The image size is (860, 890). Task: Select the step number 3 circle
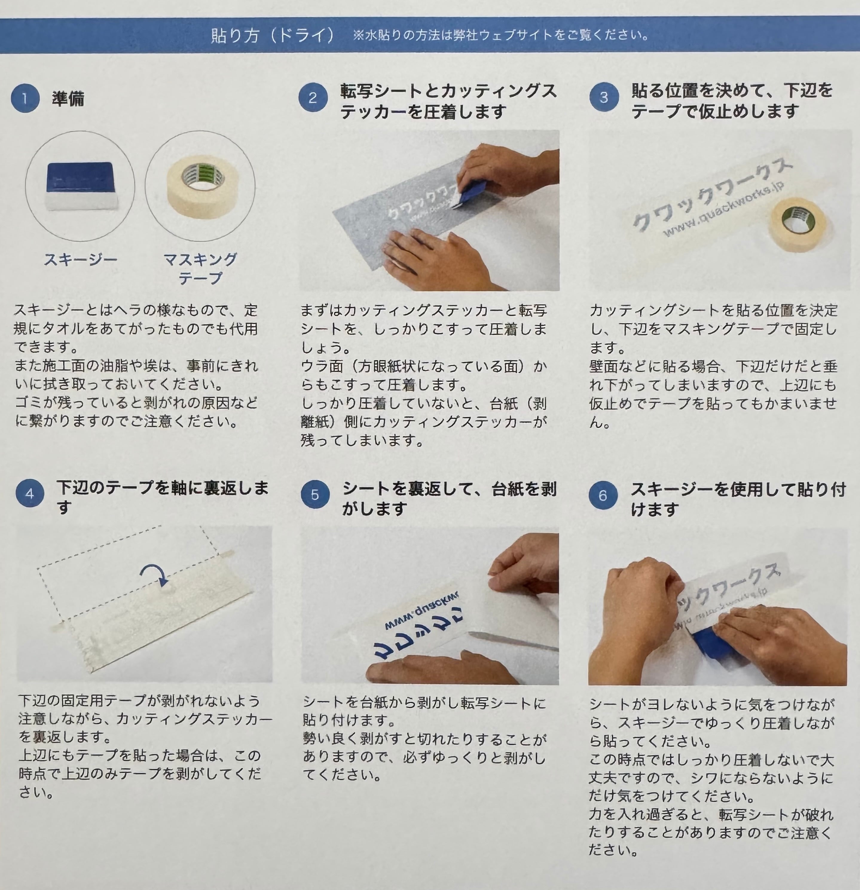coord(604,98)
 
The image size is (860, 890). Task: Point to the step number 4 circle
coord(30,494)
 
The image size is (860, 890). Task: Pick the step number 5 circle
coord(315,495)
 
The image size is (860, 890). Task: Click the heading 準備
coord(68,99)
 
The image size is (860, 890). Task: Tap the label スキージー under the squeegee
coord(80,260)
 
